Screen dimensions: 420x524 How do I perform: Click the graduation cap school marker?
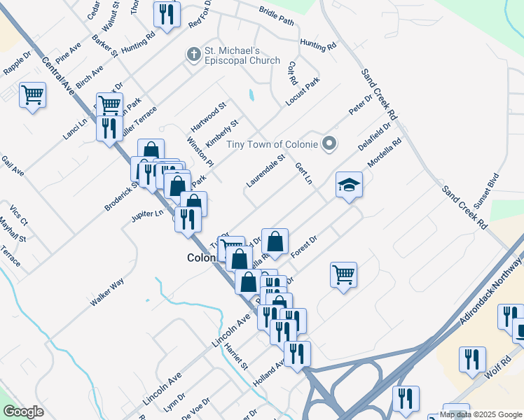coord(349,185)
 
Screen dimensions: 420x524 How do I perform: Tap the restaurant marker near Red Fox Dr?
coord(167,15)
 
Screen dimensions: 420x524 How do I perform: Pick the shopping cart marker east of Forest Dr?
coord(343,274)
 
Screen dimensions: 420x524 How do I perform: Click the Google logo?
coord(23,412)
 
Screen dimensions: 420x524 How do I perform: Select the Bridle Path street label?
coord(276,17)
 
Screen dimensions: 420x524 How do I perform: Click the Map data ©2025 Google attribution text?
coord(481,414)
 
